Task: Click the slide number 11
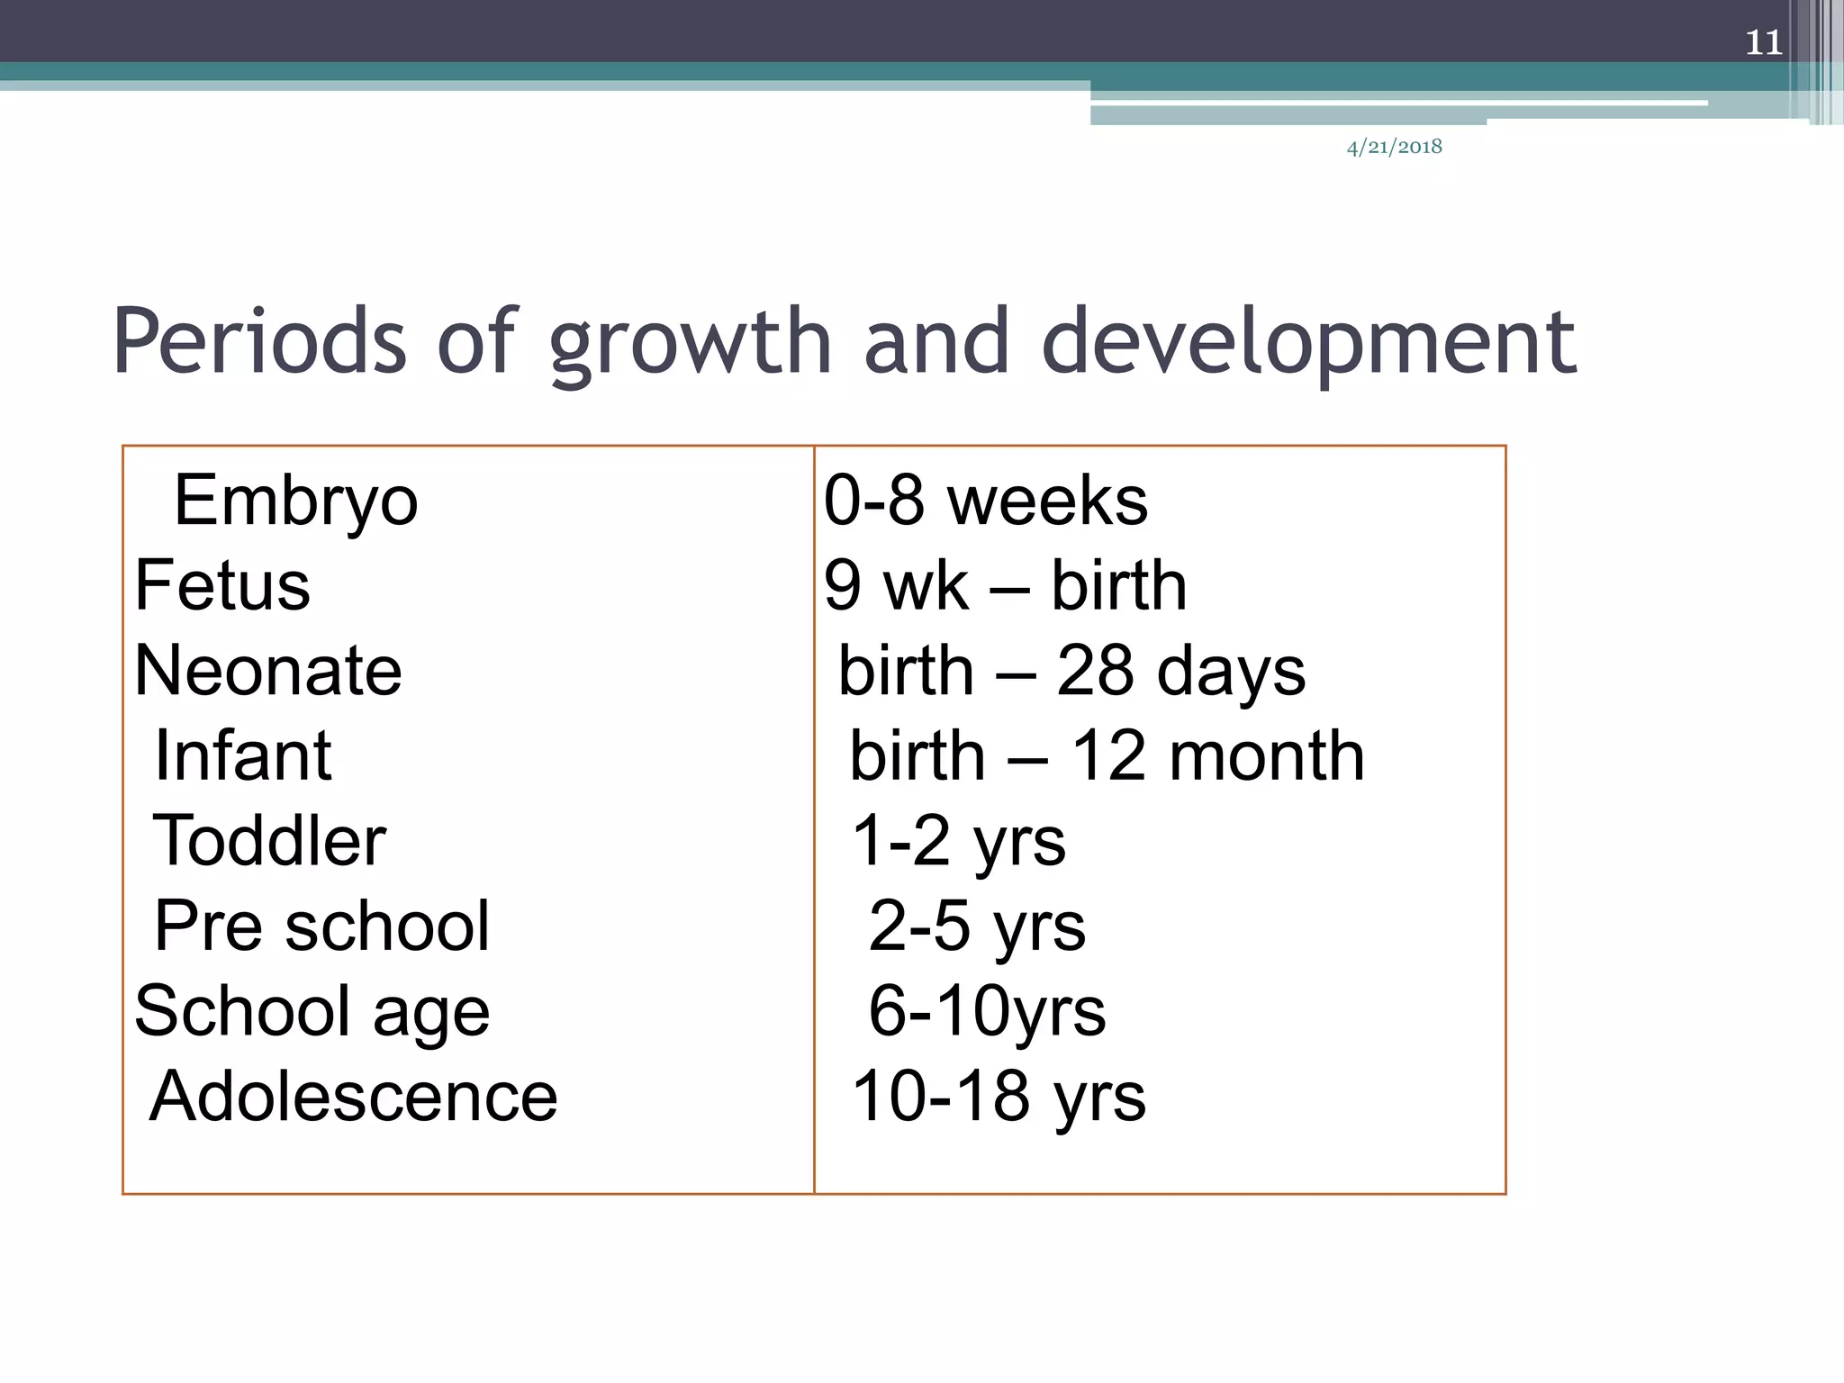(x=1763, y=42)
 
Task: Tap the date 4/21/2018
(x=1394, y=147)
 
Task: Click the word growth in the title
(x=690, y=344)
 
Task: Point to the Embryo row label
(x=295, y=501)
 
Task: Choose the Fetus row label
(x=222, y=585)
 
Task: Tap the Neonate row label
(x=268, y=671)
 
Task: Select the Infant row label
(x=243, y=755)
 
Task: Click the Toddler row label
(x=269, y=840)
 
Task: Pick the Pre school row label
(x=321, y=926)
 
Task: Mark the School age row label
(x=312, y=1011)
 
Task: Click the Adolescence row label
(x=353, y=1097)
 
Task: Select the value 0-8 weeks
(x=985, y=501)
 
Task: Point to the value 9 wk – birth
(x=1005, y=585)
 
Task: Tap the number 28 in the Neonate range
(x=1094, y=671)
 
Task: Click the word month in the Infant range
(x=1266, y=755)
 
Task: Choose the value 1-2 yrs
(x=958, y=841)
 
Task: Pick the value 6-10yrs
(x=987, y=1011)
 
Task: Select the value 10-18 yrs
(x=999, y=1097)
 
